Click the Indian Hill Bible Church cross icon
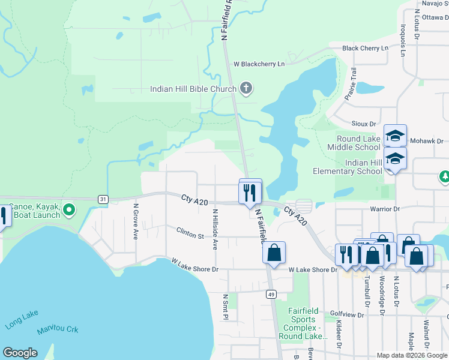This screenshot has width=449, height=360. [x=245, y=89]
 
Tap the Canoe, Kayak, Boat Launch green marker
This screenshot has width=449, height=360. [x=69, y=210]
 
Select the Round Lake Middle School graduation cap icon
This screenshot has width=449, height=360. [x=395, y=136]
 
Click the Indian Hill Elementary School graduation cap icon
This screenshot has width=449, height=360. [x=395, y=159]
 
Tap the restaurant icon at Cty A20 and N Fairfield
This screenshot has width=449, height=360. [x=250, y=192]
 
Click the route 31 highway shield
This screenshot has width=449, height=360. [x=103, y=199]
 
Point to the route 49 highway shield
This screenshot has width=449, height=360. [x=271, y=294]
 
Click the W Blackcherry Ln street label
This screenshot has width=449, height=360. [x=259, y=64]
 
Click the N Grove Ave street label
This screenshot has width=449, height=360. [x=136, y=222]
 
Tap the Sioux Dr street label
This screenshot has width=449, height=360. [x=364, y=124]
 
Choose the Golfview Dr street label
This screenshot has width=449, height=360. [x=348, y=314]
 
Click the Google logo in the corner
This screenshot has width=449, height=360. [x=20, y=353]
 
